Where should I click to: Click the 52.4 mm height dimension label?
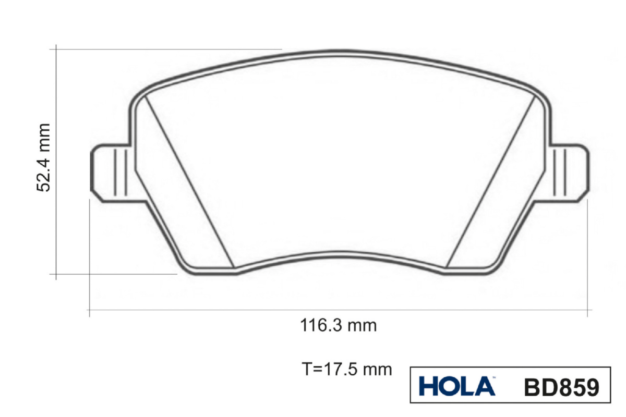point(43,158)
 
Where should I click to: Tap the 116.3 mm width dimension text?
point(339,326)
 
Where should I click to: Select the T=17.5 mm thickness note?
point(347,369)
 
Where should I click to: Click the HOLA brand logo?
point(457,386)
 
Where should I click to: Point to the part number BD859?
point(562,387)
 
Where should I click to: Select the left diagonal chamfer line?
point(189,182)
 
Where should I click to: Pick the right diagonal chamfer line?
point(490,182)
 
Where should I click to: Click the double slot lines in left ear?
point(121,173)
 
